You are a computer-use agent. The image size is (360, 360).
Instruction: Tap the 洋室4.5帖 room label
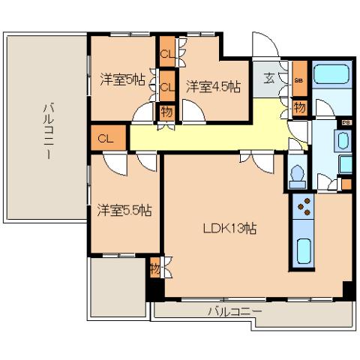(213, 85)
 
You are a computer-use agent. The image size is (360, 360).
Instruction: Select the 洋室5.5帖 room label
(124, 210)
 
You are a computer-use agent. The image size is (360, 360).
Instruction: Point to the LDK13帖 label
(230, 228)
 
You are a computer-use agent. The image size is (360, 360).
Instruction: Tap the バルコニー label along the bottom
(234, 310)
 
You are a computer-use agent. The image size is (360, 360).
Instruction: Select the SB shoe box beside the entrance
(298, 79)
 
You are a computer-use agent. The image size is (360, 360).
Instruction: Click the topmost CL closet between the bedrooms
(166, 54)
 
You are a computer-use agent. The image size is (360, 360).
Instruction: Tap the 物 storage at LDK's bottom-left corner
(154, 267)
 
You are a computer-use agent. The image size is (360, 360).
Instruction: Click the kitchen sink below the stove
(305, 250)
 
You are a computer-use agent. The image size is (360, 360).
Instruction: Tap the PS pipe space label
(346, 121)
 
